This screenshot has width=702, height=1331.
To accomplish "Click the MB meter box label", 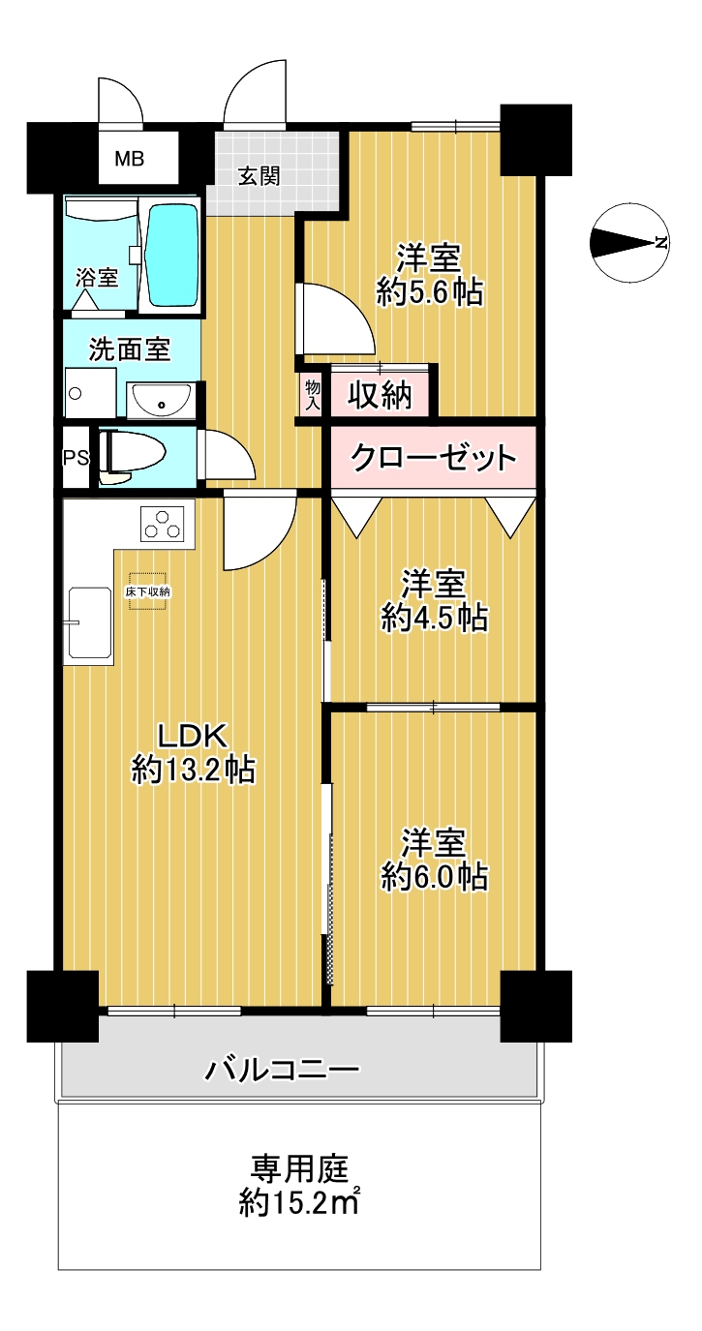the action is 130,159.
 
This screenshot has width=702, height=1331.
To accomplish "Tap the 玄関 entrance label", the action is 259,176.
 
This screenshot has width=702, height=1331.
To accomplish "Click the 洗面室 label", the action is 130,349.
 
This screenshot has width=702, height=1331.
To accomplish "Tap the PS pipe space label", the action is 76,458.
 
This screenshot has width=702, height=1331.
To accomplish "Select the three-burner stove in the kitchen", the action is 168,524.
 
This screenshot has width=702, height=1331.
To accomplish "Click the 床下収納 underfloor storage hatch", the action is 147,590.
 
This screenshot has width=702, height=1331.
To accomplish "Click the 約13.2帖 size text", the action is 194,771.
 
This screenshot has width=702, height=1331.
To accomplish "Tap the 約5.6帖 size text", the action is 429,291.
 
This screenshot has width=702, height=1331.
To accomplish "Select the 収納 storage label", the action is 380,395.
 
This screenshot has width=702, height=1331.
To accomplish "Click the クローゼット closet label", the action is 434,458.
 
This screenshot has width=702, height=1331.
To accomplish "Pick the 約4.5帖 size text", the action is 434,618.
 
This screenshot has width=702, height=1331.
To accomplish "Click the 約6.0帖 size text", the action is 434,877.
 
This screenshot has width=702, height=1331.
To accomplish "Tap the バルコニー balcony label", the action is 282,1071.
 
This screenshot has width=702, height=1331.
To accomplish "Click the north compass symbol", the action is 629,242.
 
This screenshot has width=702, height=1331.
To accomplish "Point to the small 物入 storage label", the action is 313,396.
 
